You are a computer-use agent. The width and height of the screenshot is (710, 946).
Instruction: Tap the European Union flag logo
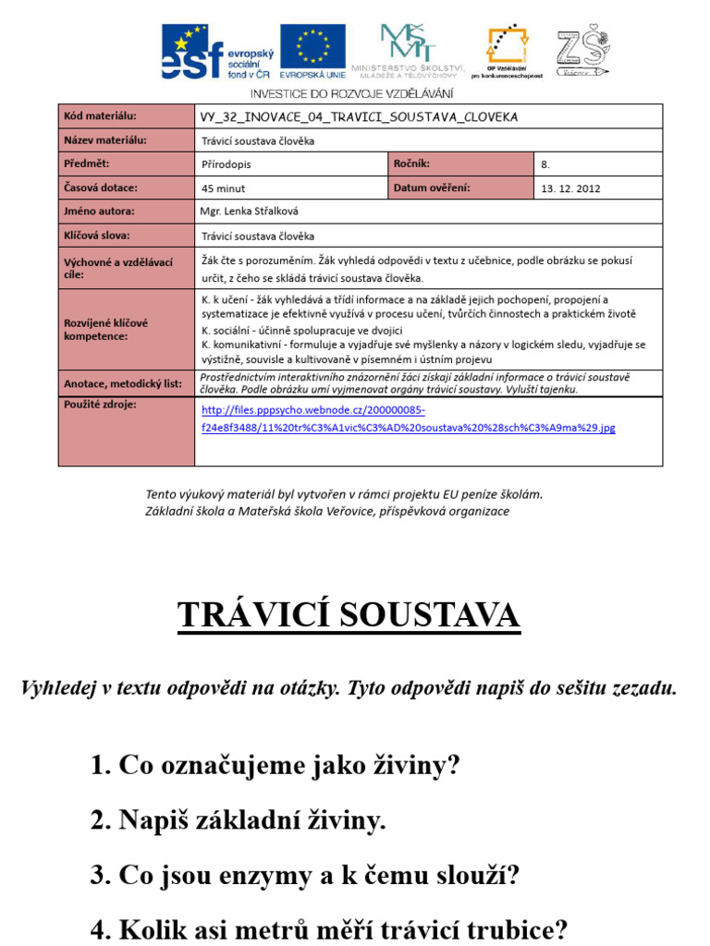(312, 52)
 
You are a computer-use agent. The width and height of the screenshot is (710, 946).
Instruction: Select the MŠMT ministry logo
(422, 53)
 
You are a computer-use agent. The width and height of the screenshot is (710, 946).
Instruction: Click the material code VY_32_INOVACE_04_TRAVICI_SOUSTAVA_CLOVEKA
(359, 117)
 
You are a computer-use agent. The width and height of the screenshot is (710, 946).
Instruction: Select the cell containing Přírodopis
(226, 164)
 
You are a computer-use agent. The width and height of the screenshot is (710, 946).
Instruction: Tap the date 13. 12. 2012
(570, 188)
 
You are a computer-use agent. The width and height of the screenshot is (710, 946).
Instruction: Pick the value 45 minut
(223, 188)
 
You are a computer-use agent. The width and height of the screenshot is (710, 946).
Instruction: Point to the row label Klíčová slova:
(97, 236)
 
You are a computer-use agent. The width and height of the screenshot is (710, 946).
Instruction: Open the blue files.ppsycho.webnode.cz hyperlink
(407, 418)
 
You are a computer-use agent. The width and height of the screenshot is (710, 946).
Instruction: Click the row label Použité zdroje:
(99, 405)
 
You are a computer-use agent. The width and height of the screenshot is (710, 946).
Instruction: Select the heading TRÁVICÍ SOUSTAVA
(349, 615)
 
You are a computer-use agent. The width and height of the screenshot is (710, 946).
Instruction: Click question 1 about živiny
(275, 765)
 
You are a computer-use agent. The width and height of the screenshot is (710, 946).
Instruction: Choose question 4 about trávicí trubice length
(329, 928)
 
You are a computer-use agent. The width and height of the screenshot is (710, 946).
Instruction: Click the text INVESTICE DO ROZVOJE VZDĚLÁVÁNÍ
(352, 94)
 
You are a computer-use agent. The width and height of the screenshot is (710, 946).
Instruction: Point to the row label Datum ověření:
(432, 188)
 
